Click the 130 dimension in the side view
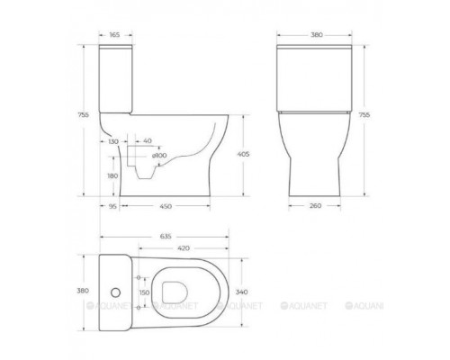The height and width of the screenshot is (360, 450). point(112,141)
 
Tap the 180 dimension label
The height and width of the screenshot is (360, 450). point(112,176)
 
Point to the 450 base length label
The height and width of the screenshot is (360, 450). point(166,205)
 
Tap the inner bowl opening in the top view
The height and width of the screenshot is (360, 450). point(190,291)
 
